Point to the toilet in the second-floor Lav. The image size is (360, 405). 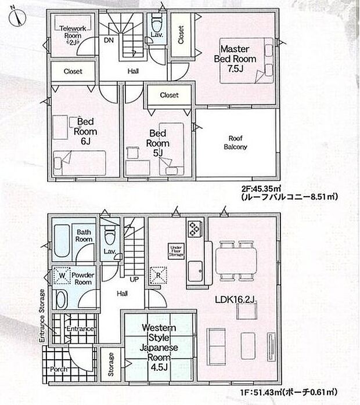pyautogui.click(x=156, y=25)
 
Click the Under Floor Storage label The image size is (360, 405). pyautogui.click(x=176, y=250)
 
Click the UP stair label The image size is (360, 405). pyautogui.click(x=134, y=280)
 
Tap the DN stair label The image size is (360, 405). pyautogui.click(x=109, y=40)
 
